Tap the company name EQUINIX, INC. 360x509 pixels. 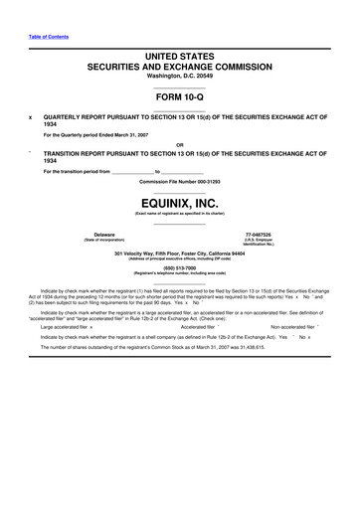point(179,203)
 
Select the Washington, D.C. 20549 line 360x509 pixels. point(179,77)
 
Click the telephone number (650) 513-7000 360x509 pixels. point(179,266)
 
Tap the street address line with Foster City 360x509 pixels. point(179,253)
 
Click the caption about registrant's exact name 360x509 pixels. point(179,214)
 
